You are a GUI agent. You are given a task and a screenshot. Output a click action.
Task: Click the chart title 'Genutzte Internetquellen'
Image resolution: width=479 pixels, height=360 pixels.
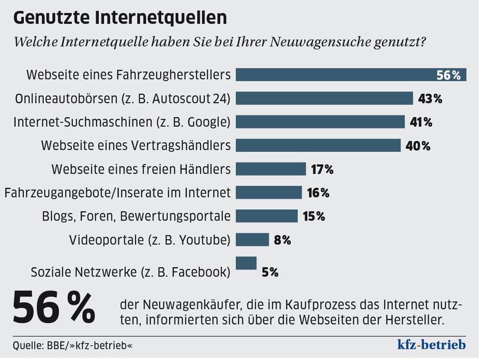tap(120, 17)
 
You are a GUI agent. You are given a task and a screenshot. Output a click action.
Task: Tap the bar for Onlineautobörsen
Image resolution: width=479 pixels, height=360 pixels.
tap(324, 98)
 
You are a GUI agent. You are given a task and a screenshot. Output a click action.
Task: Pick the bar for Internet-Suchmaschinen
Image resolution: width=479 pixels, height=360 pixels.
tap(320, 122)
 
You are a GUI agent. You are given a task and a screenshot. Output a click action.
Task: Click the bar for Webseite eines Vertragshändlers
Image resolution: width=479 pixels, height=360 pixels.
tap(318, 145)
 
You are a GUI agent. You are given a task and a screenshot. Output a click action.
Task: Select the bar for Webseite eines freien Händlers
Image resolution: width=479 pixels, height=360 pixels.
tap(271, 169)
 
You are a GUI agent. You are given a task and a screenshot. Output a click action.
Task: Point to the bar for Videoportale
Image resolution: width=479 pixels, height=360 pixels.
tap(252, 240)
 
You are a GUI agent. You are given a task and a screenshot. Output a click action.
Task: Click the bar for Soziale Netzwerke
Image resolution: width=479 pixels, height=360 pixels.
tap(246, 263)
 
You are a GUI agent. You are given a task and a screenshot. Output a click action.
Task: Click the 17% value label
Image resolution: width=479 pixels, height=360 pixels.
tap(322, 170)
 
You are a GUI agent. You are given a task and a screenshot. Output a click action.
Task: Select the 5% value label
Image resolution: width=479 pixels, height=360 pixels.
tap(270, 272)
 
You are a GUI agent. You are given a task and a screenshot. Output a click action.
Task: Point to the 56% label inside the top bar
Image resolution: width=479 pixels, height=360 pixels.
tap(448, 76)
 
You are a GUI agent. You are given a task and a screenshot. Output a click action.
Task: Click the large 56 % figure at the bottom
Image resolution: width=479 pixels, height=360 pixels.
tap(54, 310)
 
